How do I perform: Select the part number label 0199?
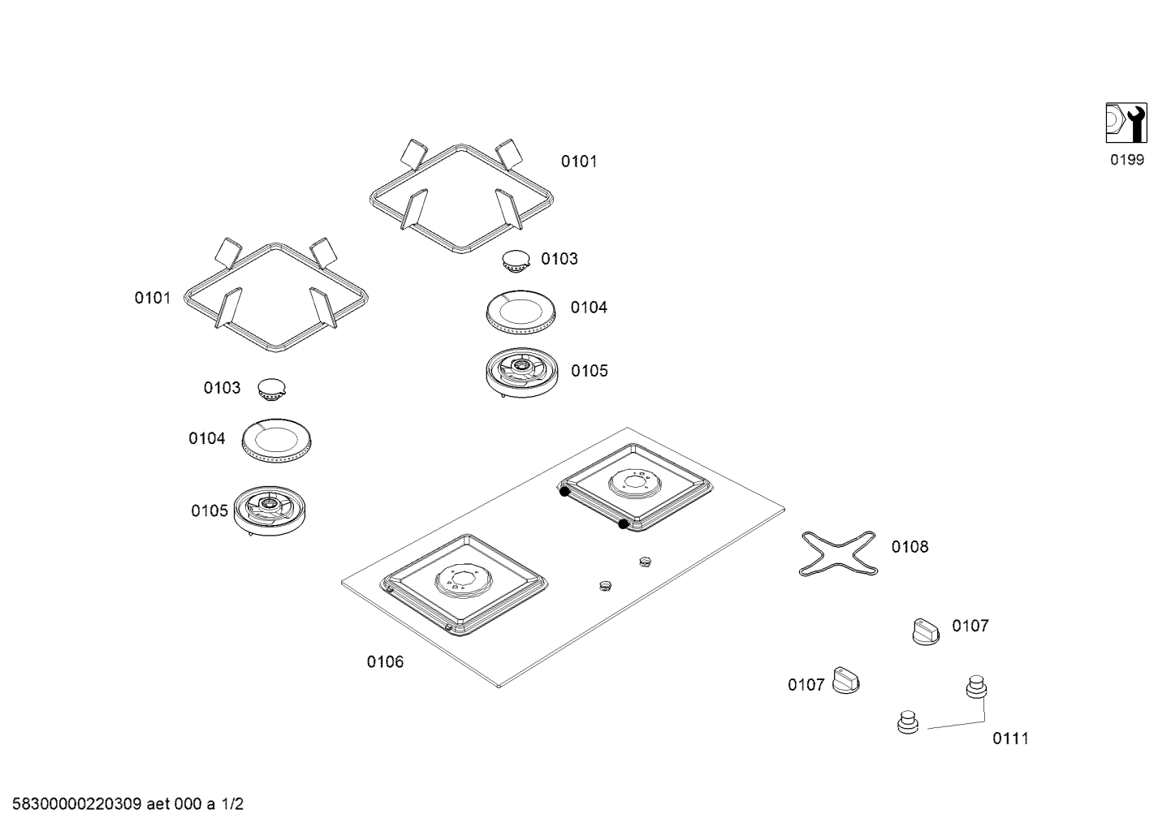pos(1126,160)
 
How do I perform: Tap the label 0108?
pos(910,547)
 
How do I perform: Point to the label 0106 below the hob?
pos(384,662)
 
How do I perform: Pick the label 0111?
pos(1010,739)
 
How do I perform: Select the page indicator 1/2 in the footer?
pos(232,805)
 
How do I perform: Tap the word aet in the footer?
pos(160,805)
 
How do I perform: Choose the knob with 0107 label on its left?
pos(846,682)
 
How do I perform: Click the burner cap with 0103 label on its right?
pos(516,261)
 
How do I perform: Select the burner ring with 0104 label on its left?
pos(277,443)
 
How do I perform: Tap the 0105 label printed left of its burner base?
pos(210,511)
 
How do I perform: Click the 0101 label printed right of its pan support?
pos(579,162)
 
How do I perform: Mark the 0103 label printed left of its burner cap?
pos(222,389)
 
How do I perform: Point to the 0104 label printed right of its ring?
pos(589,308)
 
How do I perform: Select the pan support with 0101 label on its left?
pos(275,295)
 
